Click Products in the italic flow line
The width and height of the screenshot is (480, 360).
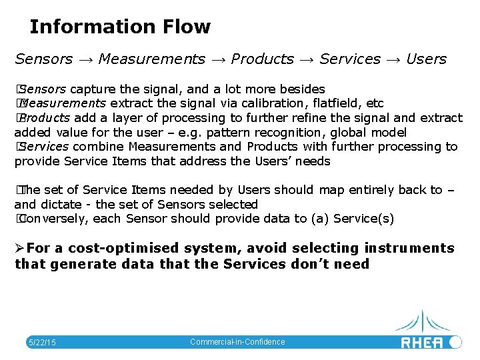pyautogui.click(x=262, y=59)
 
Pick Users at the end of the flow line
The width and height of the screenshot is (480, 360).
pyautogui.click(x=426, y=59)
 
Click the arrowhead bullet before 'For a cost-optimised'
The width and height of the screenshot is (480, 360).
pyautogui.click(x=19, y=249)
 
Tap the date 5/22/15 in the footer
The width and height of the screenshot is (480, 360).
pyautogui.click(x=41, y=343)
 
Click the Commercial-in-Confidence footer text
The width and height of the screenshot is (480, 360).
pyautogui.click(x=237, y=342)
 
